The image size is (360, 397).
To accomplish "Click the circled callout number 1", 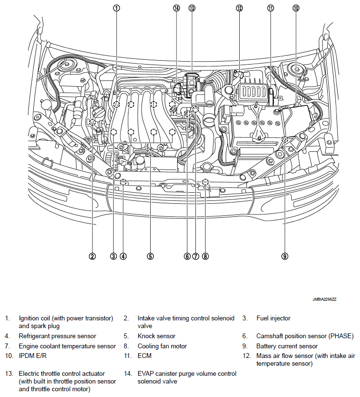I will point(116,8).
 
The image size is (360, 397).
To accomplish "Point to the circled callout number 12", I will point(239,8).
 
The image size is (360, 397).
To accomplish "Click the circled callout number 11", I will point(270,8).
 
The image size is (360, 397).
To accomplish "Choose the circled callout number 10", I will point(296,8).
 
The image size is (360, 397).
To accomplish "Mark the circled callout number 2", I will point(92,256).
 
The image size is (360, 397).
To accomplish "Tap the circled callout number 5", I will point(151,256).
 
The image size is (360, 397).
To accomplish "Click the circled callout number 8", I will point(206,256).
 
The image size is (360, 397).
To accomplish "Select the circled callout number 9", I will point(285,256).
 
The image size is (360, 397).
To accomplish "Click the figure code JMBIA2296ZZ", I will point(324,299).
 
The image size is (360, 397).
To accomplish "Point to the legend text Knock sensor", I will point(156,336).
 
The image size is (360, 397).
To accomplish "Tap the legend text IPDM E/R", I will point(32,356).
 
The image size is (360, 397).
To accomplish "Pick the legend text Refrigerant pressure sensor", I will point(57,336).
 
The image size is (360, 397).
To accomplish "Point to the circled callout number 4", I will point(123,256).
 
